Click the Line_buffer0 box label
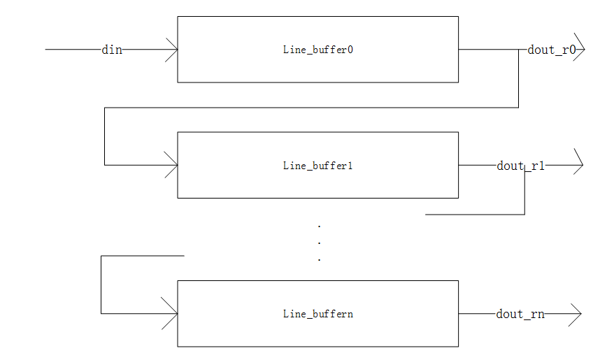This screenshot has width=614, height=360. coord(317,50)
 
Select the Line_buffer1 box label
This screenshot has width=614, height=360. coord(317,166)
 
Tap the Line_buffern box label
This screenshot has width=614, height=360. coord(317,314)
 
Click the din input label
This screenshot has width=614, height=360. coord(112,50)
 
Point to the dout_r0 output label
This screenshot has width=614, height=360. coord(551,50)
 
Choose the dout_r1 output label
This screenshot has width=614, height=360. coord(520,166)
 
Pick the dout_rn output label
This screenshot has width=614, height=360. coord(520,314)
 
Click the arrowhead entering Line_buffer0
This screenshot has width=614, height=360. coord(172,50)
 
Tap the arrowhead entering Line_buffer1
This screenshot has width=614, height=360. coord(172,166)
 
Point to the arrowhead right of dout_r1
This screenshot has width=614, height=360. coord(578,166)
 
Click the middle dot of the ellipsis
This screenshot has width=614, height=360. coord(319,243)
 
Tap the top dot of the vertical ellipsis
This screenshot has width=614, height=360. coord(319,226)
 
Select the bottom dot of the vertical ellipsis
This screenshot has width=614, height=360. coord(319,259)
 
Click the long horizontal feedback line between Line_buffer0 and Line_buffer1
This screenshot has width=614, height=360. coord(311,108)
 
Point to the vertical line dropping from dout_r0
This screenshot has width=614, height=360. coord(518,79)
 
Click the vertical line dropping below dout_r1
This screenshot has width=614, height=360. coord(524,192)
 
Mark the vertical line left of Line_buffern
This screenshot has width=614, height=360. coord(101,285)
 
